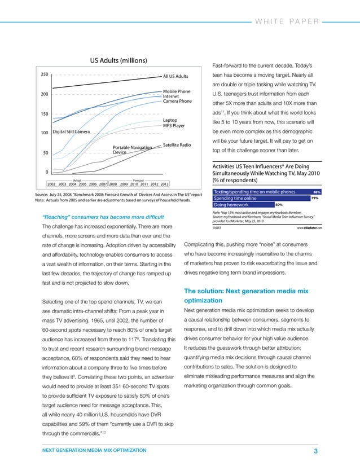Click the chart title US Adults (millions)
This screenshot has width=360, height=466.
(x=118, y=60)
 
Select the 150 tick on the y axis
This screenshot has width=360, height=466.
(x=43, y=114)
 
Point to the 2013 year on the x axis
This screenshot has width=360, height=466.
(x=164, y=184)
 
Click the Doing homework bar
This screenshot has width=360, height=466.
(x=243, y=205)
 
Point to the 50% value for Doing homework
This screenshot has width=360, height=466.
(x=279, y=205)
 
